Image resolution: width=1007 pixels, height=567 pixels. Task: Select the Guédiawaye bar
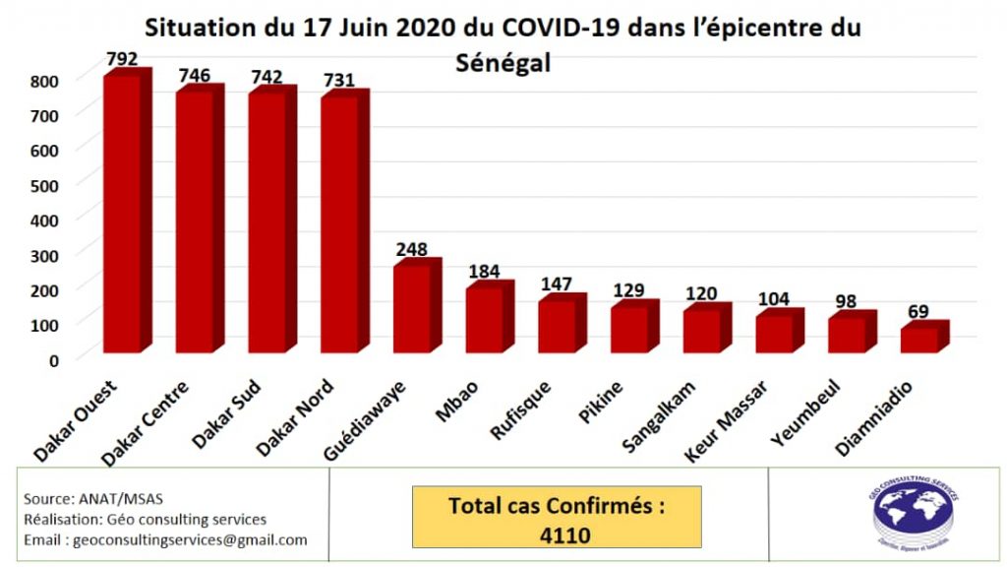coord(411,308)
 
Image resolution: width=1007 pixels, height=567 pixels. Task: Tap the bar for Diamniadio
coord(918,340)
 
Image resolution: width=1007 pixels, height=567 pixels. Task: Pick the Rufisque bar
coord(557,326)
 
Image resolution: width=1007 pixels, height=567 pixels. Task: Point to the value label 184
coord(484,269)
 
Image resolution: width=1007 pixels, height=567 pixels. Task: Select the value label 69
coord(918,312)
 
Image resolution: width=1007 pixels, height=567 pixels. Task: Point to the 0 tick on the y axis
coord(53,359)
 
